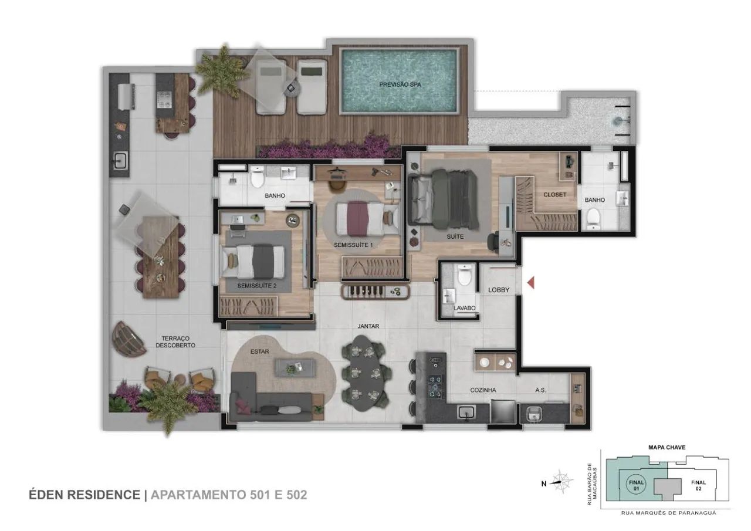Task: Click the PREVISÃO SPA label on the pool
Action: click(400, 84)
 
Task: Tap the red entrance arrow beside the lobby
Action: click(531, 283)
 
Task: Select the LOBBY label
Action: click(499, 290)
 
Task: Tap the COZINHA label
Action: click(483, 390)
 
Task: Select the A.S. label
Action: click(540, 390)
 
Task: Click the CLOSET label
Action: click(554, 195)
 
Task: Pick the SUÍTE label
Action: click(455, 236)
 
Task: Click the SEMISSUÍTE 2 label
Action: click(257, 286)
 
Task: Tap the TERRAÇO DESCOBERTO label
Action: click(175, 341)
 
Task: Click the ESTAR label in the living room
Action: click(259, 351)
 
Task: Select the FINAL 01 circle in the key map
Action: click(636, 485)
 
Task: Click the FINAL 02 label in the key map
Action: click(698, 485)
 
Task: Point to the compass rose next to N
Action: click(562, 482)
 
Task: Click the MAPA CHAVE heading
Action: click(667, 447)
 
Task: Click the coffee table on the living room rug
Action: click(295, 367)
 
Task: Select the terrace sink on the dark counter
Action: click(120, 160)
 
